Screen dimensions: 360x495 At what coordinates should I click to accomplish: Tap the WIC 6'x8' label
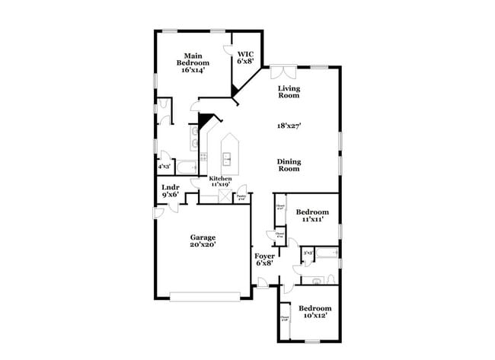(245, 57)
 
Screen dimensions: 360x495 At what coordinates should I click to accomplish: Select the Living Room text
(288, 91)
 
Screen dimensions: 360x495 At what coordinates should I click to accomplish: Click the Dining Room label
(288, 164)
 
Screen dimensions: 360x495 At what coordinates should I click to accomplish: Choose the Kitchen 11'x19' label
(216, 181)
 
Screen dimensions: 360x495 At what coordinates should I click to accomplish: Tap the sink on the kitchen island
(227, 158)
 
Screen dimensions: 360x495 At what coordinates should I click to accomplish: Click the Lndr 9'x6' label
(170, 191)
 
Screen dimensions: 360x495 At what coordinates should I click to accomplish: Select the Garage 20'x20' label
(203, 241)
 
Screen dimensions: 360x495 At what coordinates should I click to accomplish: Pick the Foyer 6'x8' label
(263, 260)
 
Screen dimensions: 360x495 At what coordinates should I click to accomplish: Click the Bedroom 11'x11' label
(312, 215)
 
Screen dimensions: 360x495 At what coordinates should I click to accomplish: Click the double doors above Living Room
(283, 72)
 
